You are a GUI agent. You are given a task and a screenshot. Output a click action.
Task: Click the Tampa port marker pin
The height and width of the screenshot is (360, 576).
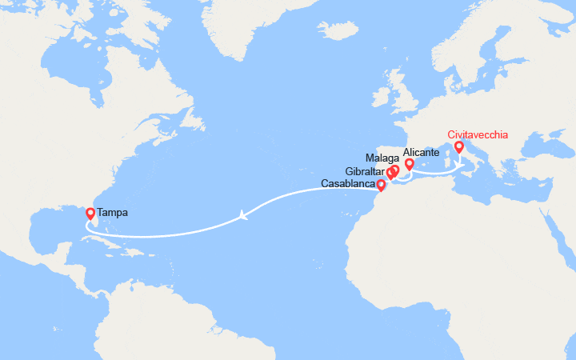(x=90, y=214)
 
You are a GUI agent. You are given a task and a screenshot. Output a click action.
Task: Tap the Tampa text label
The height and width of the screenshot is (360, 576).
(x=112, y=214)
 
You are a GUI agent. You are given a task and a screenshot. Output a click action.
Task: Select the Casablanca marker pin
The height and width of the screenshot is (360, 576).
(x=381, y=185)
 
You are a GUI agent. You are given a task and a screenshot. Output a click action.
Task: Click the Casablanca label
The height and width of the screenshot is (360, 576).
(x=347, y=184)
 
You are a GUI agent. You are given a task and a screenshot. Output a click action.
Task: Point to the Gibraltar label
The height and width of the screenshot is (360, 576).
(x=366, y=172)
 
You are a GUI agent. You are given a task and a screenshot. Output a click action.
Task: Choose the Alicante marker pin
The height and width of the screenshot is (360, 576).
(x=409, y=164)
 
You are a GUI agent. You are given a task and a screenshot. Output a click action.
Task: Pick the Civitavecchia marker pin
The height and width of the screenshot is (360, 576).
(x=459, y=147)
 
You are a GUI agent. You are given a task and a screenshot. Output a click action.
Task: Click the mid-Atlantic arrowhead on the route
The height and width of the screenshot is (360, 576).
(x=242, y=214)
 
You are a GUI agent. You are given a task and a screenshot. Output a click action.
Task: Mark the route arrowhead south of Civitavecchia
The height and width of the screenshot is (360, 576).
(x=460, y=166)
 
